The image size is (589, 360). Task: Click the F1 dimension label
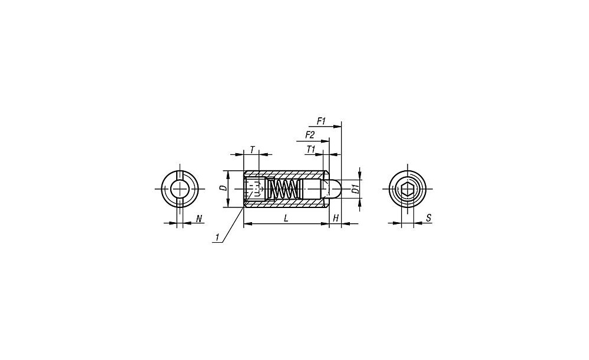click(321, 121)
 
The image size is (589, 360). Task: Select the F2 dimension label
click(310, 134)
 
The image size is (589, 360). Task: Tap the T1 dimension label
click(310, 149)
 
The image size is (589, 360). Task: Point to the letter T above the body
click(253, 150)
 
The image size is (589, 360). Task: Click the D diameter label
click(223, 188)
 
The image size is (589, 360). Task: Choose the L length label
click(286, 218)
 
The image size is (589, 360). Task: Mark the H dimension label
click(336, 218)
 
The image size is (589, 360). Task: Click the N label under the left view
click(199, 218)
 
